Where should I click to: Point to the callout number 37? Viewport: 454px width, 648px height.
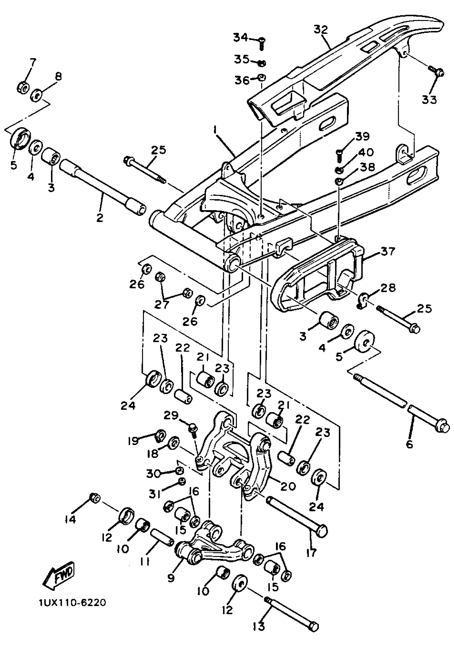tap(388, 251)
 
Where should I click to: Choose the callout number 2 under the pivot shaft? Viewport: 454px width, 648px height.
tap(100, 218)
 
